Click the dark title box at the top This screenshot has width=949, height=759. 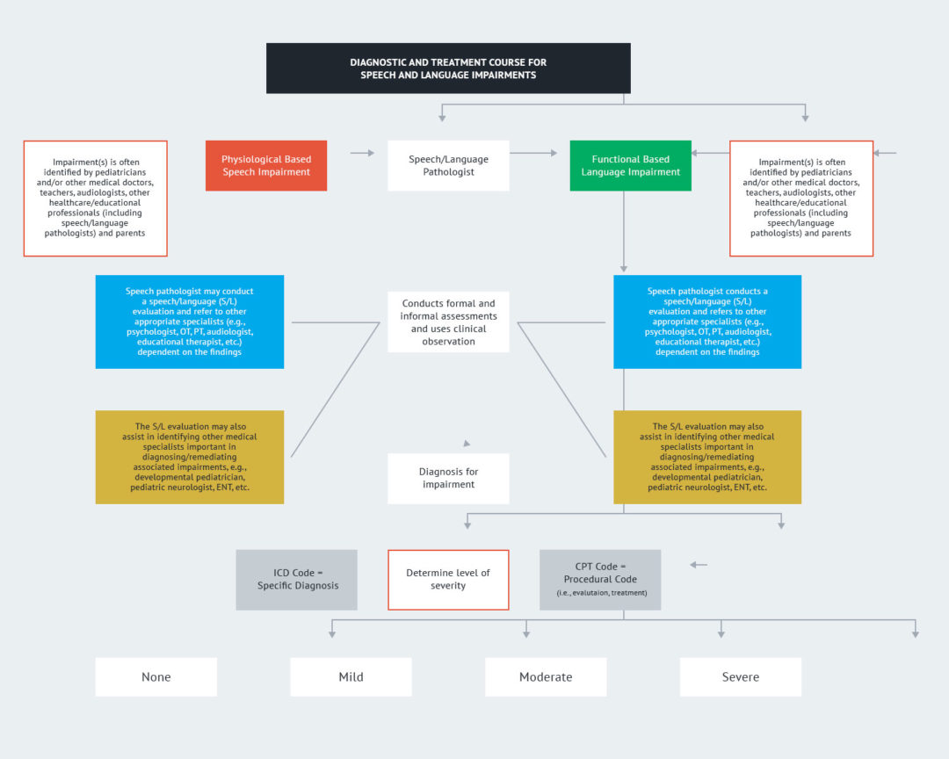[448, 69]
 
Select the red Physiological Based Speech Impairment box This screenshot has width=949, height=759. [266, 165]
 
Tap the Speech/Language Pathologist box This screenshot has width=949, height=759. [448, 165]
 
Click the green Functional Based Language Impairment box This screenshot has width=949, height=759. [630, 165]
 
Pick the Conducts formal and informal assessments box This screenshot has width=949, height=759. [448, 322]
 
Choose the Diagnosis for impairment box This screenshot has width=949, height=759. [448, 478]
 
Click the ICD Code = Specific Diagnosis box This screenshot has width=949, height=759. [297, 580]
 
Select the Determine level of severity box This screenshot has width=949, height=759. [448, 580]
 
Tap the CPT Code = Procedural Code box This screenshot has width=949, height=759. [600, 580]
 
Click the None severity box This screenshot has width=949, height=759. [156, 677]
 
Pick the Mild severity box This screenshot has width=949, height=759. [351, 677]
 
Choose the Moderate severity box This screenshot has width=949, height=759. [546, 677]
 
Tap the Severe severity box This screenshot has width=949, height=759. [741, 677]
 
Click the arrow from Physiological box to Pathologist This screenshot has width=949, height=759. [362, 153]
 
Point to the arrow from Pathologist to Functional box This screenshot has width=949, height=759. [534, 153]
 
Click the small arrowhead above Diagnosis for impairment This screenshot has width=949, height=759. [467, 444]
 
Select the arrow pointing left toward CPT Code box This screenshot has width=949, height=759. [699, 564]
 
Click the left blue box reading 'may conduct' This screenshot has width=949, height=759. [190, 322]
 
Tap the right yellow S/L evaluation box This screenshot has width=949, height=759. [707, 457]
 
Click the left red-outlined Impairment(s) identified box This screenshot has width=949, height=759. [95, 199]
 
